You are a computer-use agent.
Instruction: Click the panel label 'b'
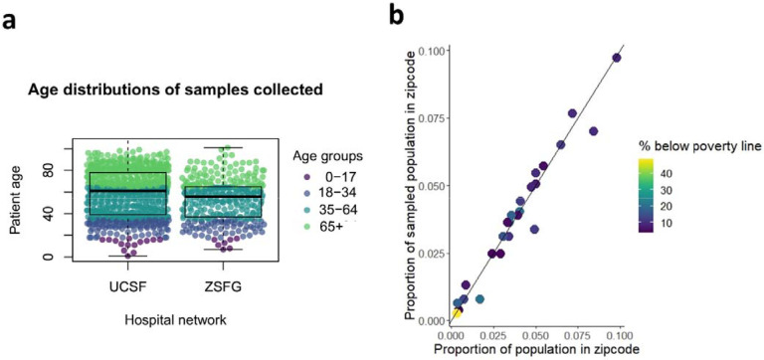tap(395, 13)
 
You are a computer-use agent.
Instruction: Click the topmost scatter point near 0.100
tap(616, 58)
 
